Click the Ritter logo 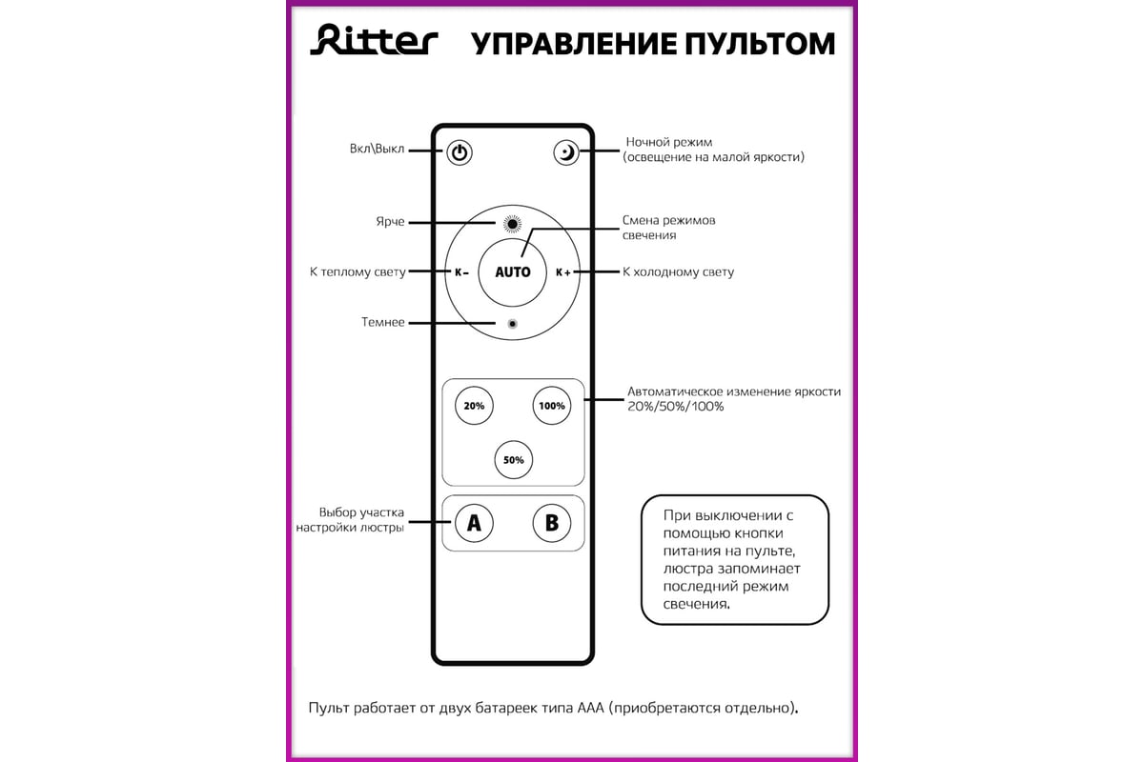click(374, 42)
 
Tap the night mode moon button click(566, 152)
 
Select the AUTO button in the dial click(513, 271)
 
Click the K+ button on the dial click(563, 271)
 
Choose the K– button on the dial click(461, 271)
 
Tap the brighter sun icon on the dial click(513, 224)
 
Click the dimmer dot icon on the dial click(513, 324)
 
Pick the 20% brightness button click(474, 405)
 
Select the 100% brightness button click(552, 405)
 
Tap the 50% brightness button click(513, 460)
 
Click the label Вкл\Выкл click(378, 150)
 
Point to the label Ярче click(390, 222)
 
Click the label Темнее click(383, 323)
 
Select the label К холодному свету click(678, 272)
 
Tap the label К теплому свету click(357, 272)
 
